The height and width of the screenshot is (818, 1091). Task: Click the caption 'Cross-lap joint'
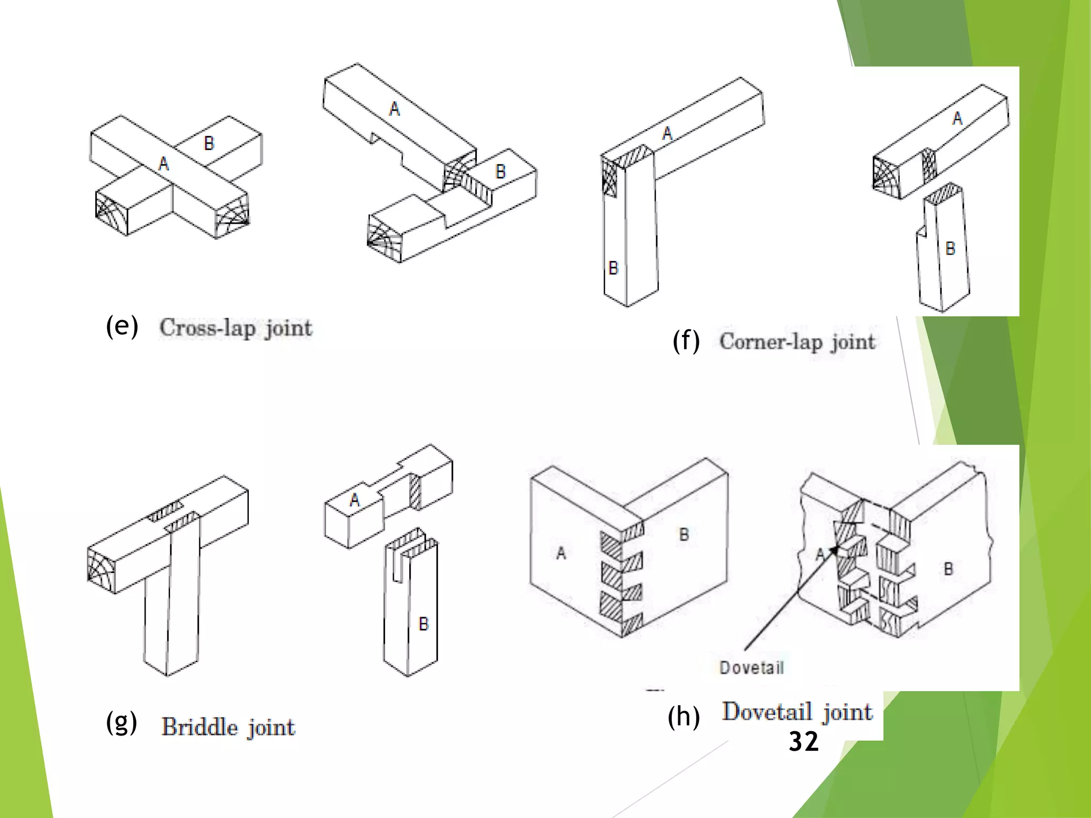pyautogui.click(x=236, y=328)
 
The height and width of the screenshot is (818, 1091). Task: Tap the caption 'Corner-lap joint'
pyautogui.click(x=797, y=341)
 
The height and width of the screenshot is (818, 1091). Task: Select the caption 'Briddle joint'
pyautogui.click(x=228, y=727)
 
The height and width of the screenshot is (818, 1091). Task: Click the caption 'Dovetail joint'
pyautogui.click(x=797, y=712)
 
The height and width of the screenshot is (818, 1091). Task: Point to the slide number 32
pyautogui.click(x=803, y=741)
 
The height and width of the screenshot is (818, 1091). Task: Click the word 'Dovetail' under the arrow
pyautogui.click(x=751, y=668)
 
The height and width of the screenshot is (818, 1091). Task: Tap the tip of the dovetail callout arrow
pyautogui.click(x=838, y=546)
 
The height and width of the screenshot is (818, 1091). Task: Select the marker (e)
pyautogui.click(x=122, y=326)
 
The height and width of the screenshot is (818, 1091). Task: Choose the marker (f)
pyautogui.click(x=686, y=341)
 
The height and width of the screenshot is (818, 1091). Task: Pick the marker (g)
pyautogui.click(x=122, y=723)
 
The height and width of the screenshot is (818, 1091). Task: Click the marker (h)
pyautogui.click(x=683, y=717)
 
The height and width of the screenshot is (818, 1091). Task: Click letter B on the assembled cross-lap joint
pyautogui.click(x=209, y=143)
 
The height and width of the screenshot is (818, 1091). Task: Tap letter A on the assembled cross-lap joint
pyautogui.click(x=164, y=163)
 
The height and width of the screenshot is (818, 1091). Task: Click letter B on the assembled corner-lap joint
pyautogui.click(x=613, y=267)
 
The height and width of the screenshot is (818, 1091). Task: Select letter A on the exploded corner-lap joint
pyautogui.click(x=957, y=118)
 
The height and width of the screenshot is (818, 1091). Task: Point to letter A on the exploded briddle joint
pyautogui.click(x=355, y=500)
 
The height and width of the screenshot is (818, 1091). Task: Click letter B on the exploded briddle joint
pyautogui.click(x=424, y=624)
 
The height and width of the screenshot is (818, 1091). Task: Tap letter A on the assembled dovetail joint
pyautogui.click(x=560, y=553)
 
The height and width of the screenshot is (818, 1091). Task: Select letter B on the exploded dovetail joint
pyautogui.click(x=948, y=569)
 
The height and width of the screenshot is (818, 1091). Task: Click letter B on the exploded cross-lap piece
pyautogui.click(x=500, y=171)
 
